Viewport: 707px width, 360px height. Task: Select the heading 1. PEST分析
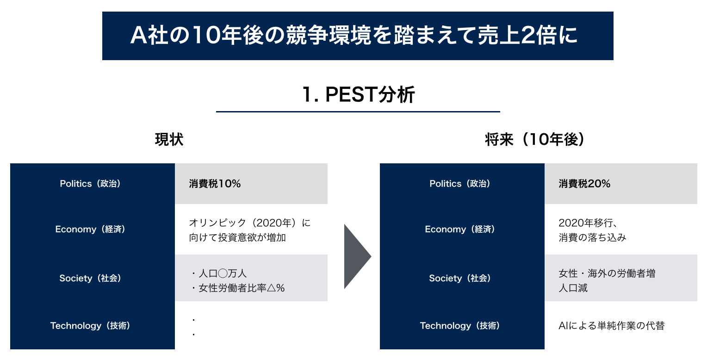[358, 95]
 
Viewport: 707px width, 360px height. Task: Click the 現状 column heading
[169, 140]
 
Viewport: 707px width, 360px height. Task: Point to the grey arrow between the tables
[356, 256]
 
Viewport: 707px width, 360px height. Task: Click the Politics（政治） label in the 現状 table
[92, 184]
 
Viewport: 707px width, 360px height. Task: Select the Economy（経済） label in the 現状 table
[92, 230]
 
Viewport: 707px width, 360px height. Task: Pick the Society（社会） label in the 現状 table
[92, 278]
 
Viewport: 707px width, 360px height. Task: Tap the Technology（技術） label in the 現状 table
[92, 326]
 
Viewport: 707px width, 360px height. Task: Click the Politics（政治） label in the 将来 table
[462, 184]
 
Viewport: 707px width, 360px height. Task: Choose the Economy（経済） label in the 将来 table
[462, 230]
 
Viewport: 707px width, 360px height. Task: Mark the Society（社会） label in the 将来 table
[462, 278]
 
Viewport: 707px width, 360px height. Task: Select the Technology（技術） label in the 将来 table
[462, 326]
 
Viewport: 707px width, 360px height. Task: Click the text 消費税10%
[215, 184]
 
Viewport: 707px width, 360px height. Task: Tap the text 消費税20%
[584, 184]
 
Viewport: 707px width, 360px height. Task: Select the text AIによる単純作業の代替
[611, 326]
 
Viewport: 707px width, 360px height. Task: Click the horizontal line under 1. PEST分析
[358, 112]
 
